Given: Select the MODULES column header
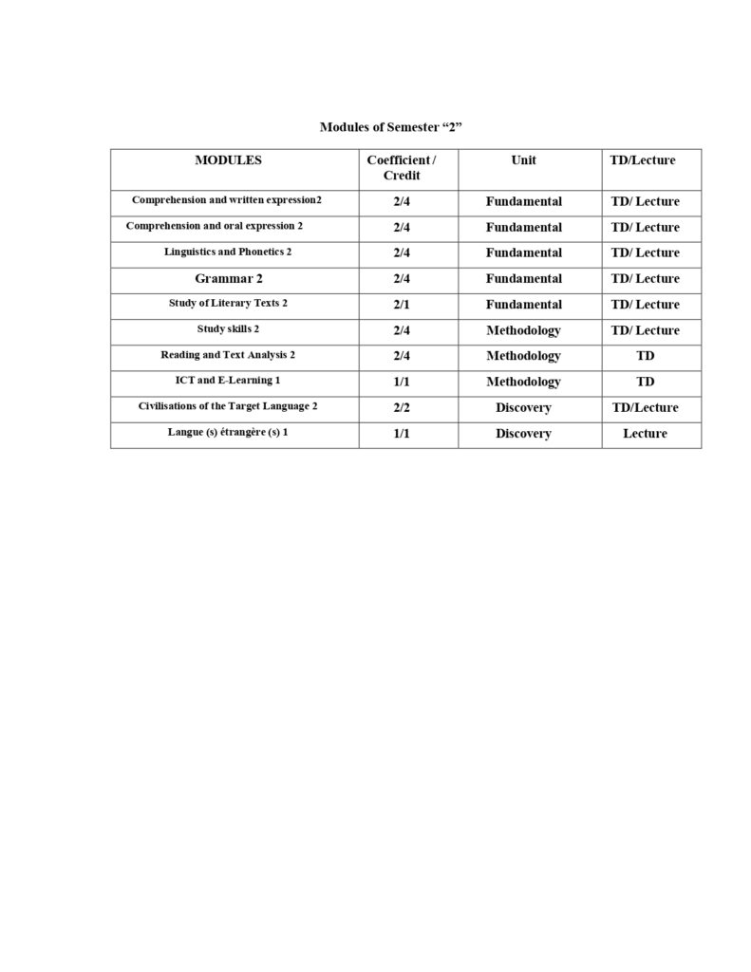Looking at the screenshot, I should (228, 160).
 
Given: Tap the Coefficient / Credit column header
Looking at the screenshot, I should (401, 168).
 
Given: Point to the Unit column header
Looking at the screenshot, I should (523, 160).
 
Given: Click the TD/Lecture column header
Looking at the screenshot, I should (643, 160).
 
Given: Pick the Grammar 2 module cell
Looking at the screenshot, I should (228, 279).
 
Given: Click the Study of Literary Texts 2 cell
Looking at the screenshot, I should (228, 304).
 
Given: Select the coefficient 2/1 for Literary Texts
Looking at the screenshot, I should (401, 305).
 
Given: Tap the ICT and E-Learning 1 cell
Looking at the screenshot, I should (228, 381).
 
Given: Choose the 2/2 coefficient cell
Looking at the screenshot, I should (401, 407).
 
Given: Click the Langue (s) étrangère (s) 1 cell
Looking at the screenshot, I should (228, 433).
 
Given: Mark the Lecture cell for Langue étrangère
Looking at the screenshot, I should (645, 434).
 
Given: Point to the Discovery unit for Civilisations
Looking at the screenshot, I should (523, 407).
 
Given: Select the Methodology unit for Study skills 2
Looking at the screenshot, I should (523, 330).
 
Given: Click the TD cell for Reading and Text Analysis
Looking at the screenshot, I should (645, 356).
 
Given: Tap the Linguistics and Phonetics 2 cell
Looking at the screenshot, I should (228, 252).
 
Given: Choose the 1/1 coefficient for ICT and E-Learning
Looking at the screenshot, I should (401, 382).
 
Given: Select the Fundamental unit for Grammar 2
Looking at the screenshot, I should (523, 279).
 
